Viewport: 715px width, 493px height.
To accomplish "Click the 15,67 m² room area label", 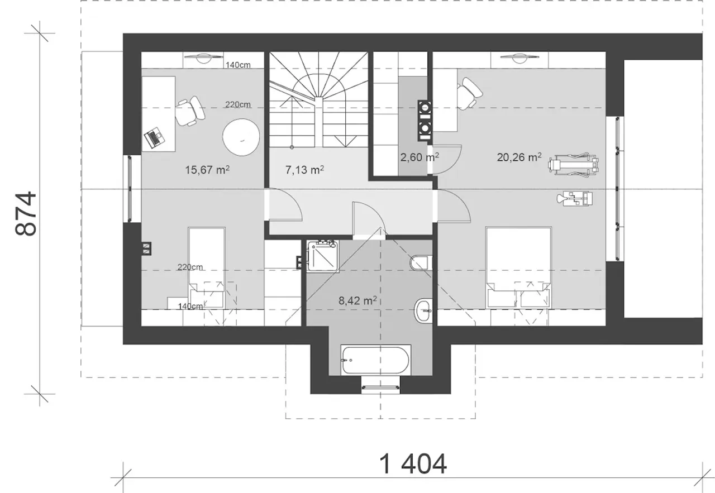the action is pyautogui.click(x=207, y=170).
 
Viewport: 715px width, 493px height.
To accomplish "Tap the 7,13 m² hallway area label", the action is pyautogui.click(x=304, y=170).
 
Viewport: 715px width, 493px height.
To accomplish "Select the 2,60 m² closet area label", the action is pyautogui.click(x=420, y=157).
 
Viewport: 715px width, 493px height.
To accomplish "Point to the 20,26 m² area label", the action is pyautogui.click(x=519, y=157).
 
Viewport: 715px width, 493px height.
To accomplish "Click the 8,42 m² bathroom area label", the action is pyautogui.click(x=357, y=300).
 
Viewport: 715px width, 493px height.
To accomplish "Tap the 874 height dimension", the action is pyautogui.click(x=26, y=213).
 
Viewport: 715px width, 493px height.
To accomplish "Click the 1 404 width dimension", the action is pyautogui.click(x=413, y=465).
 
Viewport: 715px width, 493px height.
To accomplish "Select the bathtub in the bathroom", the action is pyautogui.click(x=376, y=360).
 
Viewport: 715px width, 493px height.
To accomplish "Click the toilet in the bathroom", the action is pyautogui.click(x=421, y=262).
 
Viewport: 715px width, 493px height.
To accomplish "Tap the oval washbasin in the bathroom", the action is pyautogui.click(x=423, y=310).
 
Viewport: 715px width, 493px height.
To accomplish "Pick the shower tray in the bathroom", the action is pyautogui.click(x=323, y=256).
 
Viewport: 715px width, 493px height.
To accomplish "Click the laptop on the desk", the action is pyautogui.click(x=155, y=137).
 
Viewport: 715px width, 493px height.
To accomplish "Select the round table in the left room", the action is pyautogui.click(x=241, y=137).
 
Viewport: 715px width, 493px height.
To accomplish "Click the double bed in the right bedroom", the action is pyautogui.click(x=519, y=267).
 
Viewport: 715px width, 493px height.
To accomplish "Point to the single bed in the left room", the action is pyautogui.click(x=207, y=268).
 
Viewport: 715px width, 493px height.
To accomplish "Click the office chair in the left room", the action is pyautogui.click(x=190, y=111).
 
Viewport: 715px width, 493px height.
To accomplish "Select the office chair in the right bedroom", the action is pyautogui.click(x=469, y=93).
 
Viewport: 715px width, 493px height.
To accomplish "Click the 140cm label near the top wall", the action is pyautogui.click(x=238, y=65).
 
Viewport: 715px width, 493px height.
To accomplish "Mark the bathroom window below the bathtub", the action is pyautogui.click(x=380, y=387).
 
